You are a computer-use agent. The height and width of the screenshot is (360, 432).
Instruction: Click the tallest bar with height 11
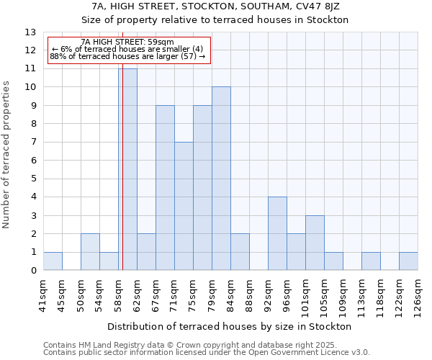(127, 169)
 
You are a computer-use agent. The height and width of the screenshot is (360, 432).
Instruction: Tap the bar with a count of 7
(184, 206)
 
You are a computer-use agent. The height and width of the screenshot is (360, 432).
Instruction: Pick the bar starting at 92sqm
(277, 233)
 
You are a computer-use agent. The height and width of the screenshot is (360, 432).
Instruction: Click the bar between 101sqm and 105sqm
(315, 243)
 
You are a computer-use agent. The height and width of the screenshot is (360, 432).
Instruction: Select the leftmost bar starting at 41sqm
(53, 261)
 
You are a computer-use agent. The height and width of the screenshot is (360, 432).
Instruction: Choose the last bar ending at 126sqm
(408, 261)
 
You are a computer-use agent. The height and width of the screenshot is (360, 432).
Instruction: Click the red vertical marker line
(122, 158)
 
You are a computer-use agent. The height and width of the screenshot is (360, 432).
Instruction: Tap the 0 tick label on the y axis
(33, 271)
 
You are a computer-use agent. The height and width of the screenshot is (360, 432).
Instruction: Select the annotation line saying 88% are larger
(127, 56)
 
